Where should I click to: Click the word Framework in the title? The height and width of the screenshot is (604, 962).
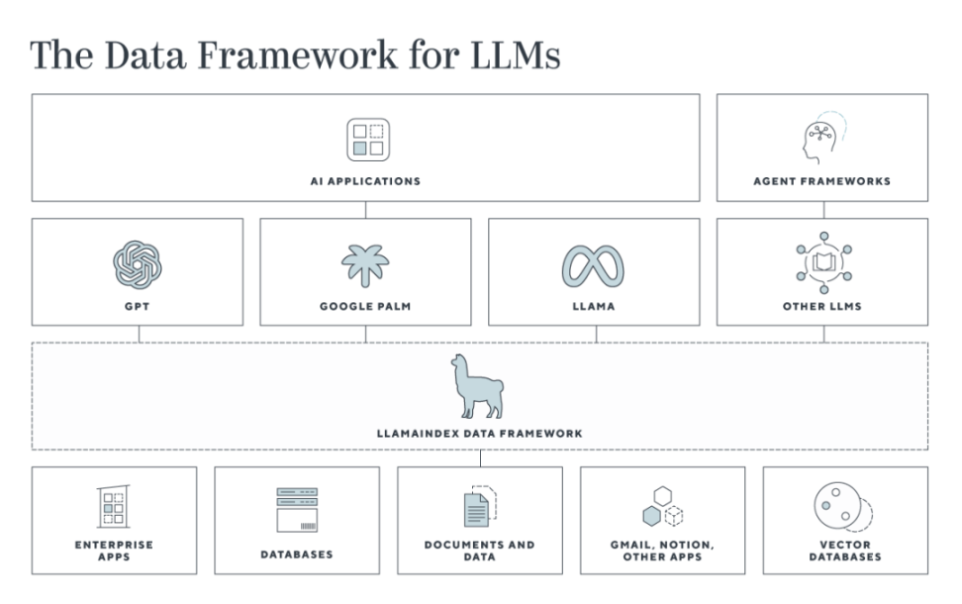pyautogui.click(x=298, y=54)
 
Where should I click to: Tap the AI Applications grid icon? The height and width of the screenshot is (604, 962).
pyautogui.click(x=368, y=140)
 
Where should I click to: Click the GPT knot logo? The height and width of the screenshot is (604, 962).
pyautogui.click(x=138, y=264)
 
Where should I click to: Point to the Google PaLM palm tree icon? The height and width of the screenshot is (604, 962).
pyautogui.click(x=365, y=265)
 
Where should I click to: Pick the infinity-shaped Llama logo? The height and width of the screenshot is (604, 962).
pyautogui.click(x=593, y=266)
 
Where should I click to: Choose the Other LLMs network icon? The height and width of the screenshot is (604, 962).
pyautogui.click(x=824, y=262)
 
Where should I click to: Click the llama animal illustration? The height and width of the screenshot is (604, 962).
pyautogui.click(x=477, y=386)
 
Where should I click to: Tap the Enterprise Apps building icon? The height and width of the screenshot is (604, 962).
pyautogui.click(x=114, y=506)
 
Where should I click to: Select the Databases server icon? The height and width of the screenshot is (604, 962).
pyautogui.click(x=297, y=510)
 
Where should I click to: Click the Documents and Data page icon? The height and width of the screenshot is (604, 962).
pyautogui.click(x=480, y=506)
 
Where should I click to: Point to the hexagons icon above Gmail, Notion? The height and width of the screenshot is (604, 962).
pyautogui.click(x=662, y=506)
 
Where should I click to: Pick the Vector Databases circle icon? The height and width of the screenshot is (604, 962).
pyautogui.click(x=843, y=507)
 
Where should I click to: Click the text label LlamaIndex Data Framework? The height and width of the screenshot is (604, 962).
pyautogui.click(x=480, y=434)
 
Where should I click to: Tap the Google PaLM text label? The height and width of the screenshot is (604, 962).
pyautogui.click(x=365, y=306)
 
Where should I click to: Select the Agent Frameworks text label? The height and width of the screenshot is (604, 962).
pyautogui.click(x=822, y=181)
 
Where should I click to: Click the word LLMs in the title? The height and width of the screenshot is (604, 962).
pyautogui.click(x=516, y=54)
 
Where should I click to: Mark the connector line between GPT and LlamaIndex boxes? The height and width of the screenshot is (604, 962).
pyautogui.click(x=140, y=334)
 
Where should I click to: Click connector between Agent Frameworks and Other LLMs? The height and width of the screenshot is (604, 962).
pyautogui.click(x=824, y=210)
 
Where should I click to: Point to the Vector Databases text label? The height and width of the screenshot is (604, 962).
pyautogui.click(x=845, y=551)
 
